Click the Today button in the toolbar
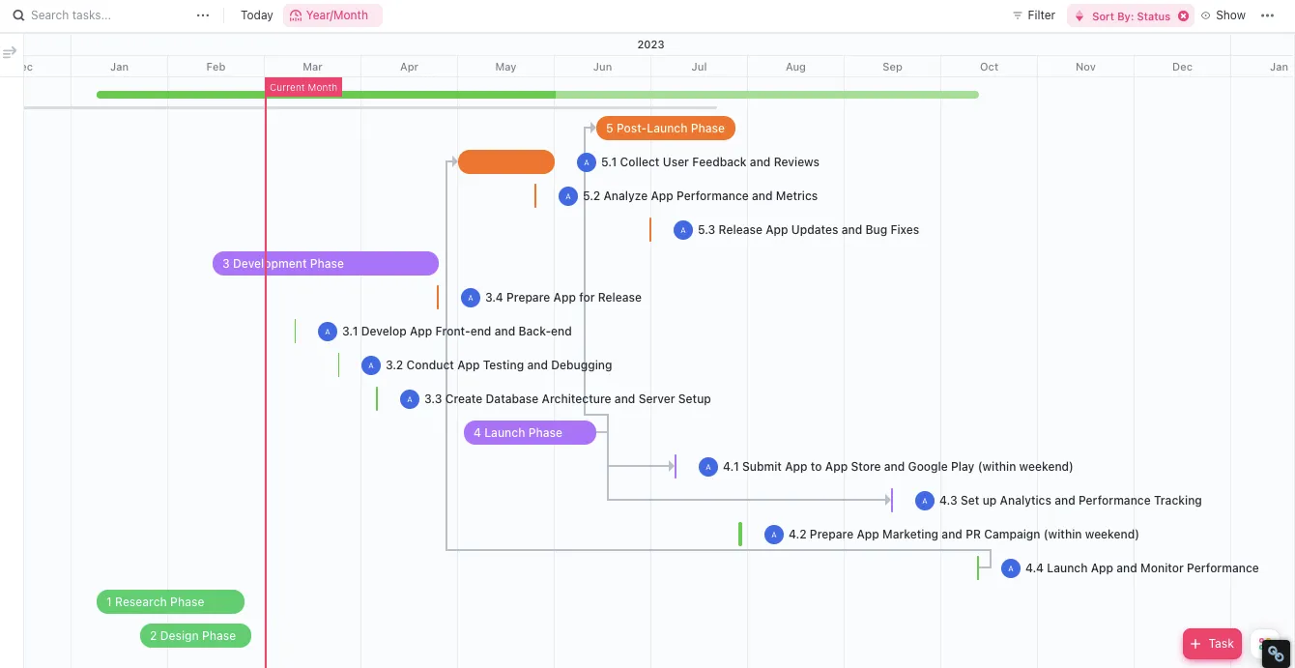pos(257,15)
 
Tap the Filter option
pos(1034,15)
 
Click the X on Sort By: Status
pos(1184,16)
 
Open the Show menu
pos(1223,15)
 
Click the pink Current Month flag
pos(303,87)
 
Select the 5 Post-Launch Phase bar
pos(666,128)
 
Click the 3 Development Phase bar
pos(326,263)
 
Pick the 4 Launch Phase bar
pos(530,433)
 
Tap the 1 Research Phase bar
pos(170,601)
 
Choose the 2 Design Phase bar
pos(195,635)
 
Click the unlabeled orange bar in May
pos(506,162)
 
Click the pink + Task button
pos(1212,644)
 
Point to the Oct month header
pos(990,67)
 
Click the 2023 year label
pos(651,44)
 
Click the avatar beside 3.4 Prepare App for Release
pos(471,298)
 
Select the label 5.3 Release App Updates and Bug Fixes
pos(808,230)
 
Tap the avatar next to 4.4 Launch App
pos(1011,568)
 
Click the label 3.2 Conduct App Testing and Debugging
pos(499,365)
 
